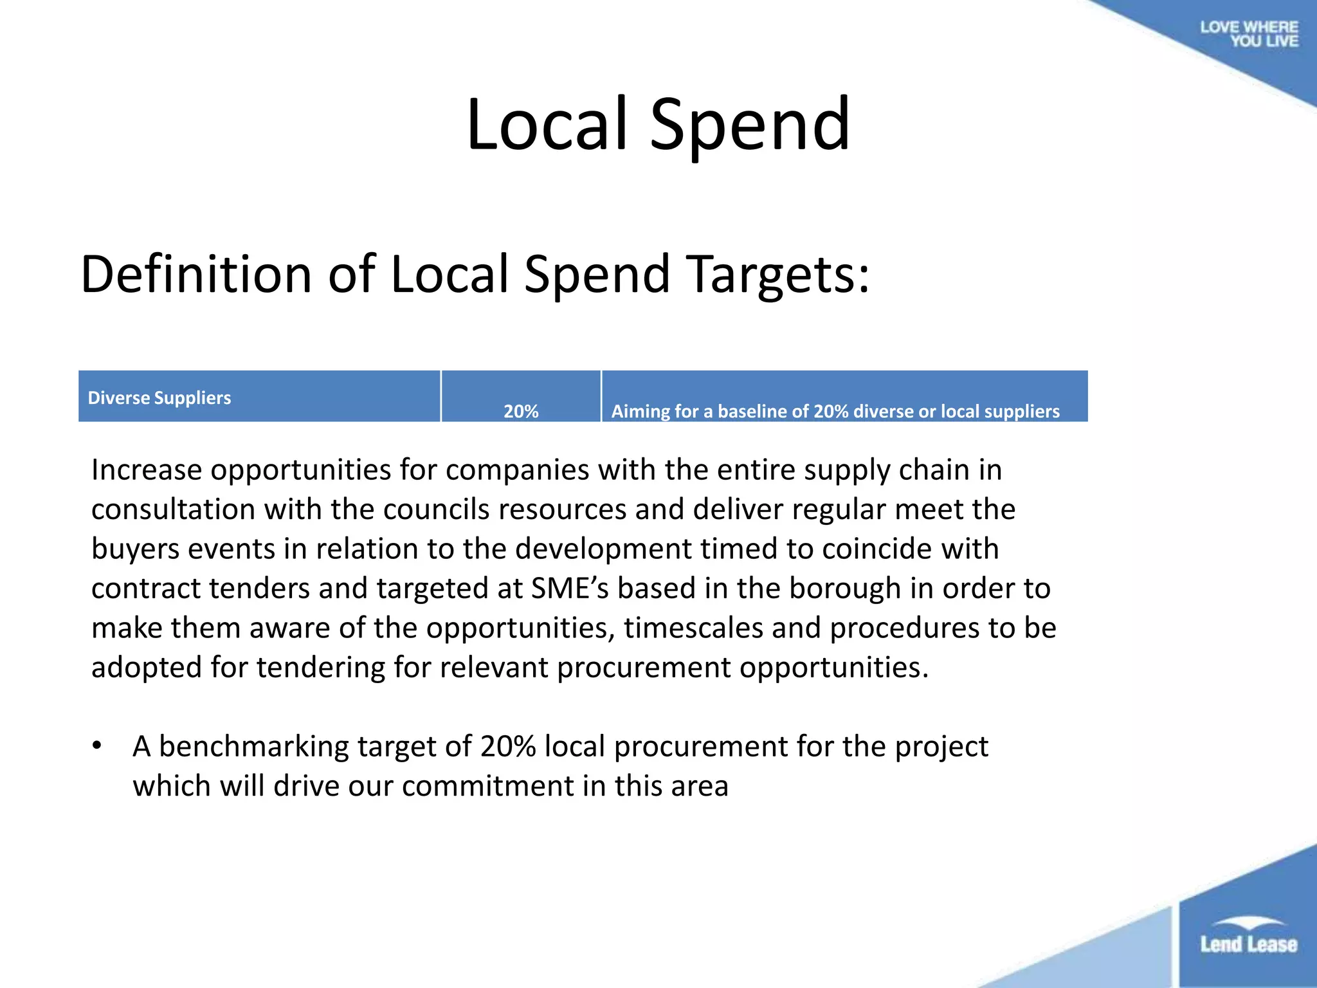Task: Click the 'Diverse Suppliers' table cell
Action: [x=159, y=398]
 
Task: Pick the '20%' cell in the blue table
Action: [x=521, y=411]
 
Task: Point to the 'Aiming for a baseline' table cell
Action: [x=835, y=411]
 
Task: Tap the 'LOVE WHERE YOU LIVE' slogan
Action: [x=1249, y=34]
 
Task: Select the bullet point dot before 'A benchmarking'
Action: [x=97, y=746]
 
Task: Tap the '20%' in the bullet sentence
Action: [x=507, y=747]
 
